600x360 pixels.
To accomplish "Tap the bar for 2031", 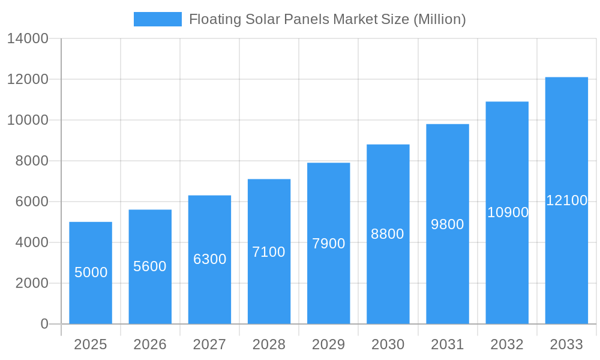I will [448, 270].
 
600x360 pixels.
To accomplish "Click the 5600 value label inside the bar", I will [150, 266].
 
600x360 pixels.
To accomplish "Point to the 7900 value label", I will [329, 244].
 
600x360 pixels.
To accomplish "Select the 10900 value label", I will [508, 212].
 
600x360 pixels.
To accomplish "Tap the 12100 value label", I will [566, 200].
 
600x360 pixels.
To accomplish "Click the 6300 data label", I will [209, 259].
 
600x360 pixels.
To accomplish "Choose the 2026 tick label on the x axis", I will [150, 344].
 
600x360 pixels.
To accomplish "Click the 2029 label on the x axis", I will [329, 344].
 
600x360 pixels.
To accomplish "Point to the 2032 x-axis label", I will [507, 344].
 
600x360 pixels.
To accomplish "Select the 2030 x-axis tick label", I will [388, 344].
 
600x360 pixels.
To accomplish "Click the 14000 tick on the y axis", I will [28, 39].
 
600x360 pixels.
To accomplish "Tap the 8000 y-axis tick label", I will [32, 161].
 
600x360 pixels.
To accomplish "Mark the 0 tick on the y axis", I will [44, 324].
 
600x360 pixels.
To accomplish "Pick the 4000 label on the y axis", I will [32, 242].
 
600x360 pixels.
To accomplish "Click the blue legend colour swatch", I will [157, 19].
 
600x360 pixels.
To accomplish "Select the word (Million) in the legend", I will [440, 19].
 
